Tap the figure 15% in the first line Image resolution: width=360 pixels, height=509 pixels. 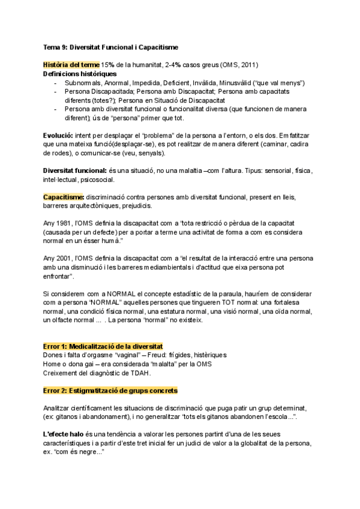108,65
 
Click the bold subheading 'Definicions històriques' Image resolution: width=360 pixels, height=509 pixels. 80,73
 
